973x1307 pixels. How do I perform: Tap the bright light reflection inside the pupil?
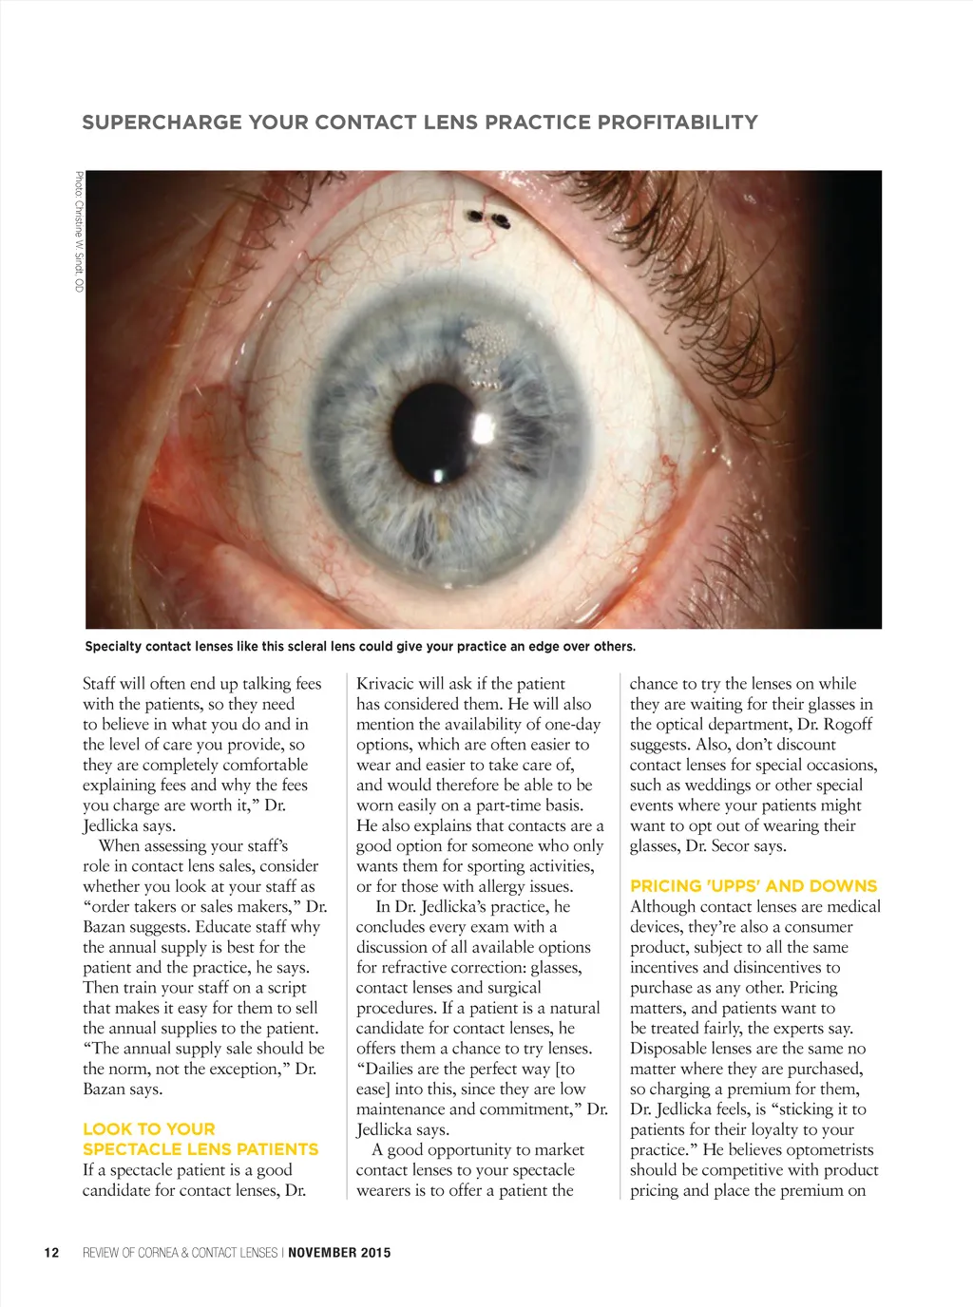pyautogui.click(x=437, y=475)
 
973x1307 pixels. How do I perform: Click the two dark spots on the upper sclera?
pyautogui.click(x=488, y=219)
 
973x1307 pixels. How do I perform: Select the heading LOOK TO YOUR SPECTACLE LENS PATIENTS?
pyautogui.click(x=200, y=1139)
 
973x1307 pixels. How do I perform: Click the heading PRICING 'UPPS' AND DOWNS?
pyautogui.click(x=754, y=886)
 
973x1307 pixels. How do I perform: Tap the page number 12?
pyautogui.click(x=51, y=1253)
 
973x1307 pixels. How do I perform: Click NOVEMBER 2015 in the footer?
pyautogui.click(x=339, y=1253)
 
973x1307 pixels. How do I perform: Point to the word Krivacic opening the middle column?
pyautogui.click(x=388, y=684)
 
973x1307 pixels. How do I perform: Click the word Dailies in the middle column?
pyautogui.click(x=391, y=1070)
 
